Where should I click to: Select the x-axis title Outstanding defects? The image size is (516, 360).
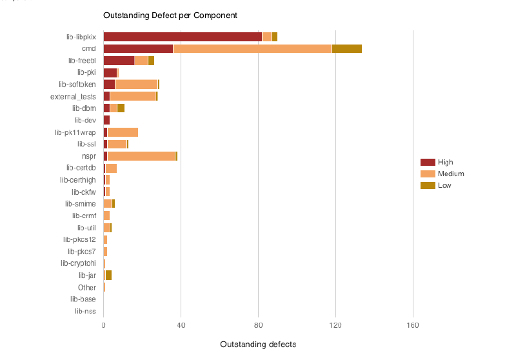[x=258, y=345]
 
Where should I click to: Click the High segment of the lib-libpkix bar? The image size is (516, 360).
[x=183, y=37]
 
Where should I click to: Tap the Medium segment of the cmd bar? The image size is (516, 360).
[x=252, y=48]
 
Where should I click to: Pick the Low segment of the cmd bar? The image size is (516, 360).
[x=346, y=48]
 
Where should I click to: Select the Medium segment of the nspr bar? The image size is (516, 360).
[x=141, y=156]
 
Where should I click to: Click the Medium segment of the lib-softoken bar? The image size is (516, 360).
[x=136, y=85]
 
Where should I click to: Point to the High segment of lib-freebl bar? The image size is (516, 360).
[x=119, y=61]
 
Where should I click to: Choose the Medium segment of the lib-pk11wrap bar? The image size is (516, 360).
[x=123, y=132]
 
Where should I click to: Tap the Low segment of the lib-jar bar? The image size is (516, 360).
[x=108, y=275]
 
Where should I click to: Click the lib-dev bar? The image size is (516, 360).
[x=106, y=120]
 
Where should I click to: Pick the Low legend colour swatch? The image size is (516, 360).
[x=428, y=185]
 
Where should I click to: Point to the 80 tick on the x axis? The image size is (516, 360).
[x=259, y=325]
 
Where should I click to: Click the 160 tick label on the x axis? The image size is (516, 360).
[x=413, y=325]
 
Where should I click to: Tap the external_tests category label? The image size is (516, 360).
[x=73, y=97]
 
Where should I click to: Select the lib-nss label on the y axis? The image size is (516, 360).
[x=85, y=311]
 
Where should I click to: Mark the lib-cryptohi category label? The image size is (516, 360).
[x=78, y=263]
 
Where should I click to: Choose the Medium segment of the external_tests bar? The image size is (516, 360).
[x=133, y=96]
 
